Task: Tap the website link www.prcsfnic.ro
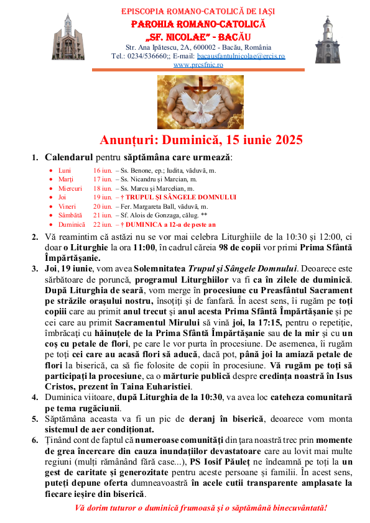pos(198,64)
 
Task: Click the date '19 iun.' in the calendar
pos(103,197)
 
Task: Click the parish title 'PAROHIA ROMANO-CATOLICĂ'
pos(198,24)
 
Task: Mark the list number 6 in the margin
pos(35,440)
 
